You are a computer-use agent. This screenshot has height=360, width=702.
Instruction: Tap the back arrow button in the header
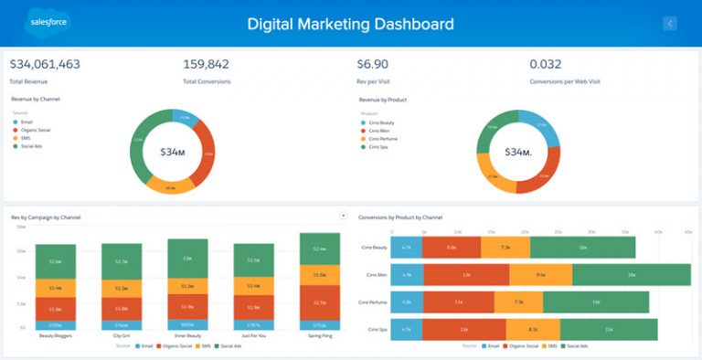click(670, 24)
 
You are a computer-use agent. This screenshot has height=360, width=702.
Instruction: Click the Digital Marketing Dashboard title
click(350, 24)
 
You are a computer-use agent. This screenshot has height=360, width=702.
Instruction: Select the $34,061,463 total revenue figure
click(45, 64)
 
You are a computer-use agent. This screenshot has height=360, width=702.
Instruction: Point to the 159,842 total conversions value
click(206, 64)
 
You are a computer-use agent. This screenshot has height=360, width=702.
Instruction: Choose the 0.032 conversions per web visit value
click(546, 64)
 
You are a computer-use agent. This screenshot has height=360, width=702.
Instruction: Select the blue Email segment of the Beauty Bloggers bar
click(55, 324)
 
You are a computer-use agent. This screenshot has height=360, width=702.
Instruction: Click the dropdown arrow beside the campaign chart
click(343, 216)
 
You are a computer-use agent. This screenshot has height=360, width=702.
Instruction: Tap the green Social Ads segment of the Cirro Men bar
click(631, 274)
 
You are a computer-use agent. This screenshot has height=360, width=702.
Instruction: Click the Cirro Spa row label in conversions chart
click(378, 329)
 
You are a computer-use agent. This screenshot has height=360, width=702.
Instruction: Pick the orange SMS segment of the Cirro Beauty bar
click(504, 247)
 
